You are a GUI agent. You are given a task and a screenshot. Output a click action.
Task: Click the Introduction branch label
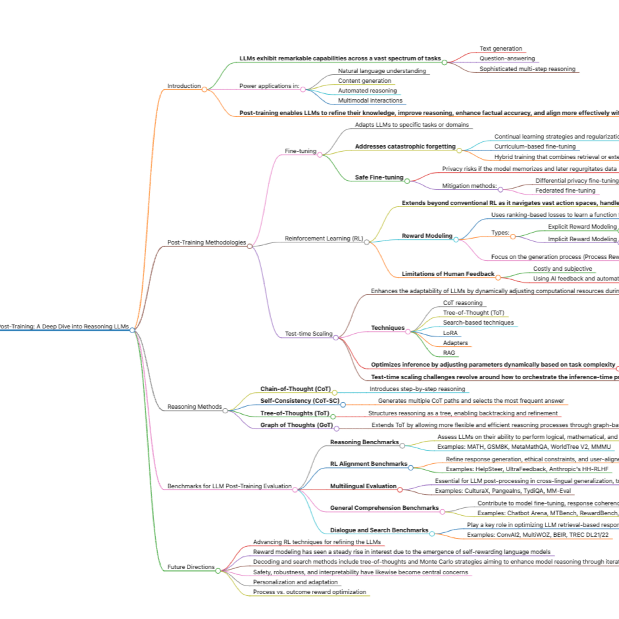tap(184, 86)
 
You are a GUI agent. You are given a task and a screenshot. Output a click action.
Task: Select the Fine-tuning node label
tap(300, 151)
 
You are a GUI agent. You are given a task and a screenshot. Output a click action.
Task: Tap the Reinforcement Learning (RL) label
tap(324, 238)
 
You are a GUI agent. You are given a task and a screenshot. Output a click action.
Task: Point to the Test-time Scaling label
tap(308, 333)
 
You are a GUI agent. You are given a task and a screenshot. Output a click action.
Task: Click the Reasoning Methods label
tap(195, 406)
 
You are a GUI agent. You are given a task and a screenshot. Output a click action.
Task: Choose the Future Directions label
tap(191, 567)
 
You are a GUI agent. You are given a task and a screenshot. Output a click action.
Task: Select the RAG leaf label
tap(449, 352)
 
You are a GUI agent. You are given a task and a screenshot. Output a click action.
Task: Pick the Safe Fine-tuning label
tap(379, 177)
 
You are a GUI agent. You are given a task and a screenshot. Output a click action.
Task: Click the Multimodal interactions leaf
tap(370, 100)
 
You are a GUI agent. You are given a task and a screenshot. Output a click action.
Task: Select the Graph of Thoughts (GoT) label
tap(296, 425)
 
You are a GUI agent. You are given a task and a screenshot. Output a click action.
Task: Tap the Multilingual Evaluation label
tap(363, 486)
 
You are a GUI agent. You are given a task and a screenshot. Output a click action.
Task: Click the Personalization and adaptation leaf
tap(295, 582)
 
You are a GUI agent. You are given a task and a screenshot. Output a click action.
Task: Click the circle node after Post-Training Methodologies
tap(250, 246)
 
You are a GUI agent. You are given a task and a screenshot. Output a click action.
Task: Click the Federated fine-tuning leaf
tap(565, 190)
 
